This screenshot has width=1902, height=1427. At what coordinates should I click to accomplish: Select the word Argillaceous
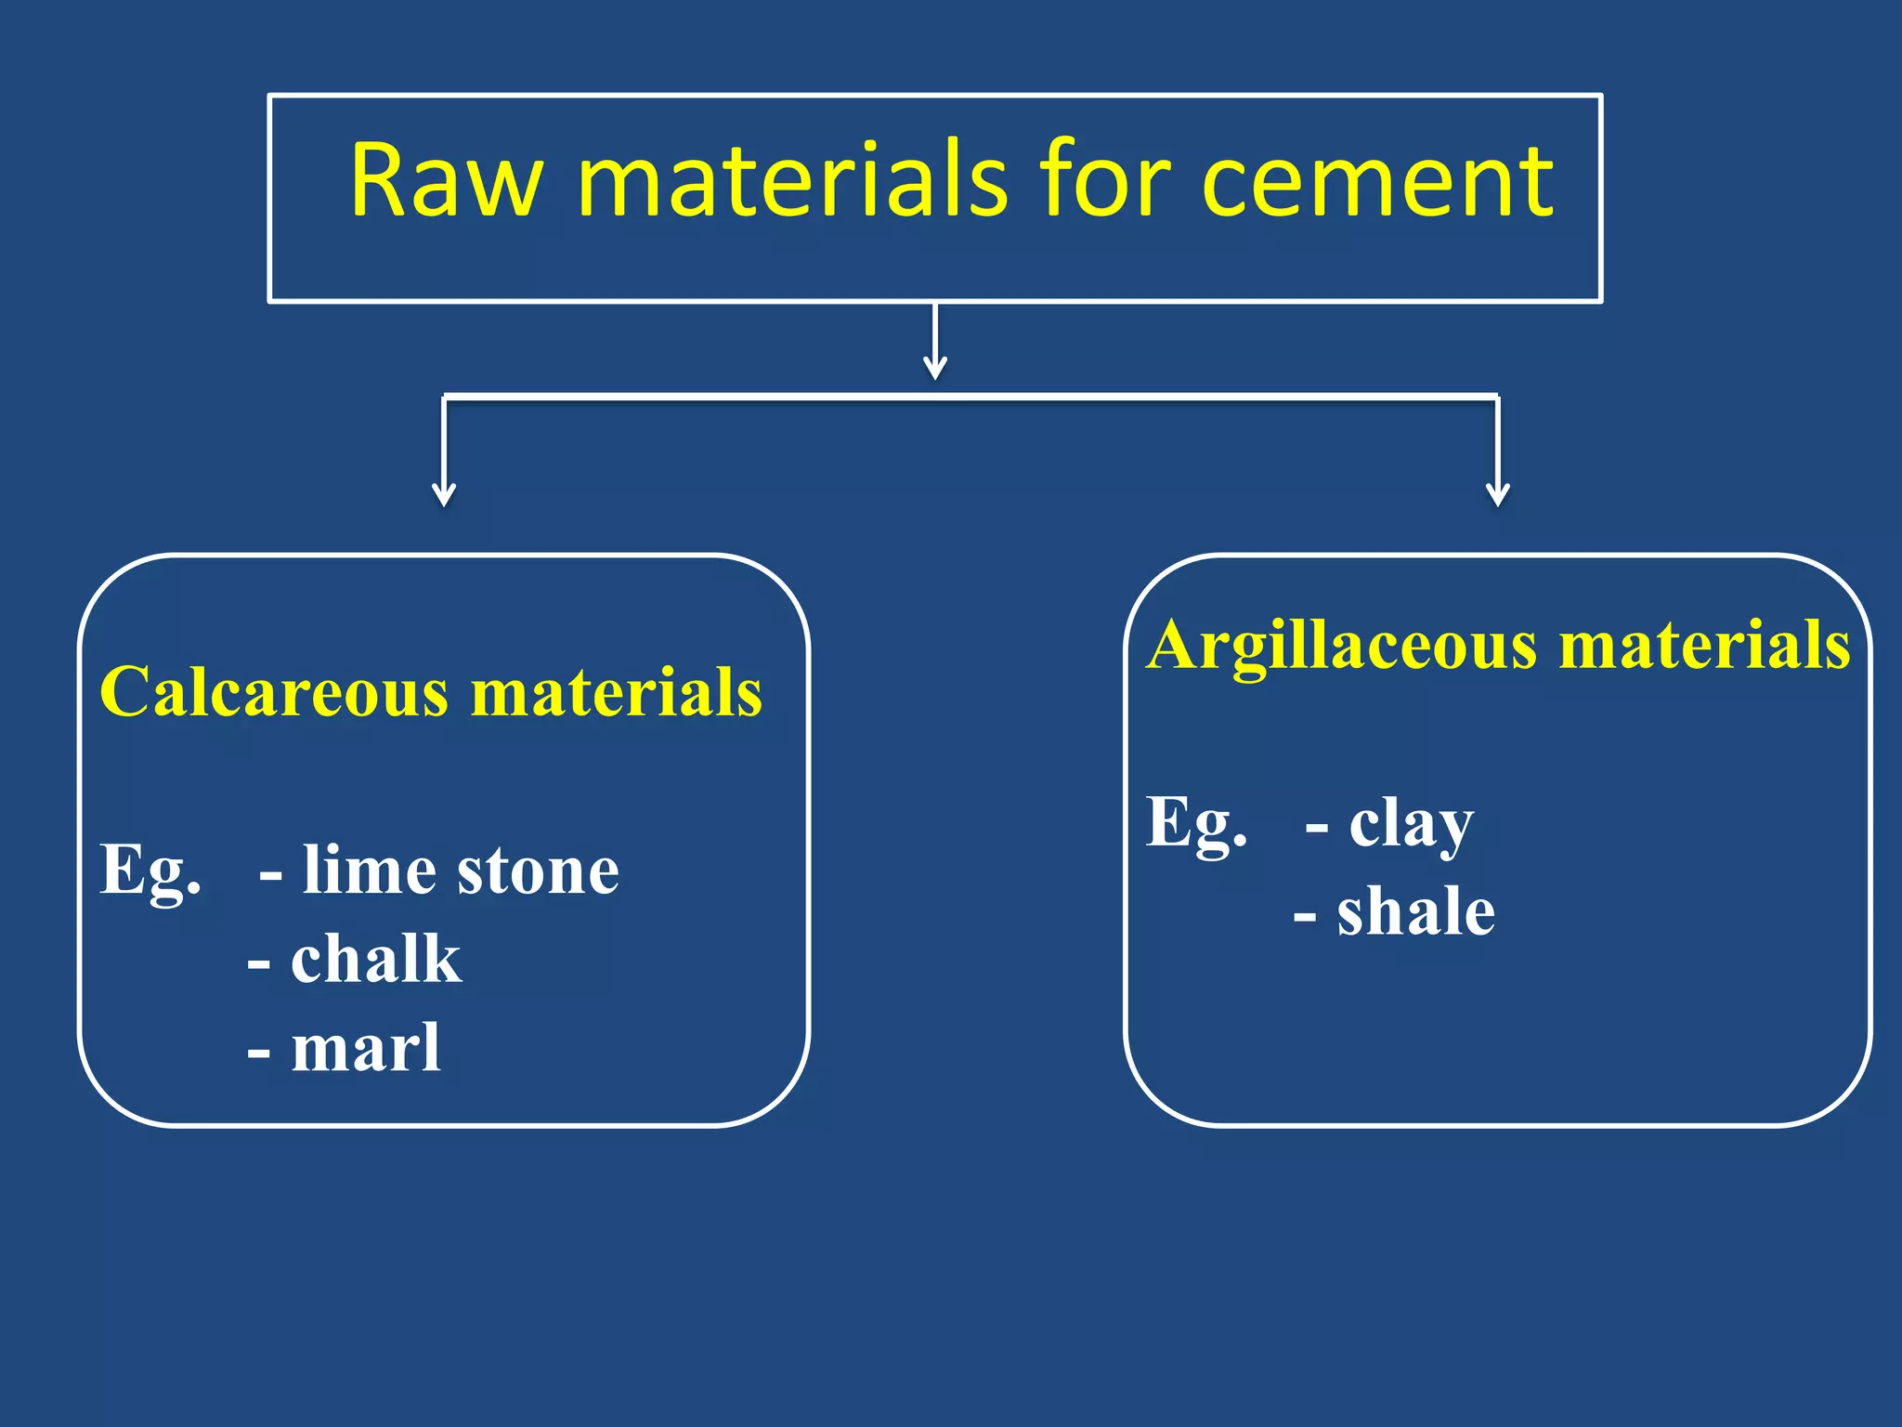tap(1341, 645)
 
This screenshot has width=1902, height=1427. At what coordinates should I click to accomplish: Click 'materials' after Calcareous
tap(617, 692)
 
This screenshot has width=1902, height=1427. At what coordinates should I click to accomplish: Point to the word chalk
tap(375, 960)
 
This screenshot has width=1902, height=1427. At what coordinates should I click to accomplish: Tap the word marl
tap(366, 1049)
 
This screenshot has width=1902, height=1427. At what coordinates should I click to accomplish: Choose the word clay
tap(1411, 824)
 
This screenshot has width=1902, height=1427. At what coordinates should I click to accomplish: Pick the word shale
tap(1415, 912)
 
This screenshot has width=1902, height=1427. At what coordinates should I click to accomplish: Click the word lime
tap(369, 871)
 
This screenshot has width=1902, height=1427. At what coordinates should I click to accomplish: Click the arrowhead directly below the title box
tap(935, 368)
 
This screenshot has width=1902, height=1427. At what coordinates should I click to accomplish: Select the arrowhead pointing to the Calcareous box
tap(445, 494)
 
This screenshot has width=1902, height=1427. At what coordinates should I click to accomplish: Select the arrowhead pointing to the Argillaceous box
tap(1498, 494)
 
